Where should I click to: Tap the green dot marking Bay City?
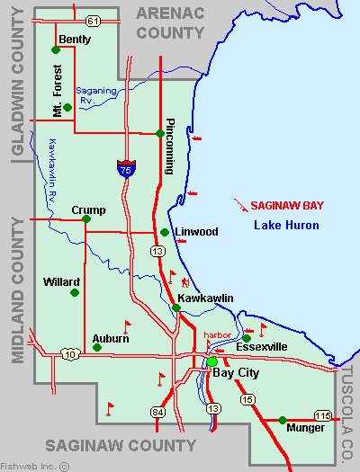point(212,362)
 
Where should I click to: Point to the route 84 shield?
point(157,412)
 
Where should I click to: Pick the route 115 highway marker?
point(322,414)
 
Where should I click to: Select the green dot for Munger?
point(282,420)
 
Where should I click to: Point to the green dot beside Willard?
point(75,292)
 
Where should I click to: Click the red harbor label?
point(217,334)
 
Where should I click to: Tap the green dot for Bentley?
point(57,50)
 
